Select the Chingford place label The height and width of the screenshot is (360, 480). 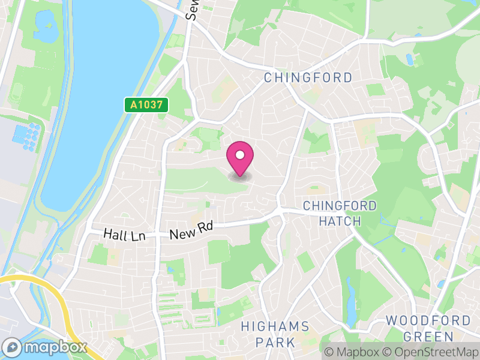308,78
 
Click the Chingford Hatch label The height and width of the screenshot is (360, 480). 340,214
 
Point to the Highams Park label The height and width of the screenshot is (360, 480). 275,335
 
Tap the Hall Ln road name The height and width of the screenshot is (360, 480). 124,234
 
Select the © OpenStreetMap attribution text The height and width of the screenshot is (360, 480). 432,352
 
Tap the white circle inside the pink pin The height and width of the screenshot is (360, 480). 240,155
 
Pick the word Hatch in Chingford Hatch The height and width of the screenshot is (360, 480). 340,221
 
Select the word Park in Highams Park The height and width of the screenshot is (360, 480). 275,343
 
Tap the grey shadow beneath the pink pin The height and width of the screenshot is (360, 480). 240,176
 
